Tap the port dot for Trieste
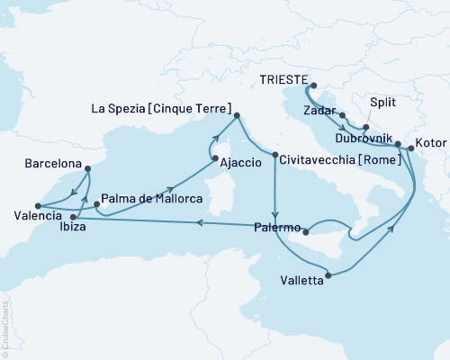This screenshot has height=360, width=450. click(x=308, y=87)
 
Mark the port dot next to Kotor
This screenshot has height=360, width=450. click(x=411, y=148)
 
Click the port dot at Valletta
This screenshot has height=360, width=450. click(x=328, y=274)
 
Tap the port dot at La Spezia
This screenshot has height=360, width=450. click(x=238, y=115)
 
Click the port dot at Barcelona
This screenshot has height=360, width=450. click(x=87, y=166)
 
